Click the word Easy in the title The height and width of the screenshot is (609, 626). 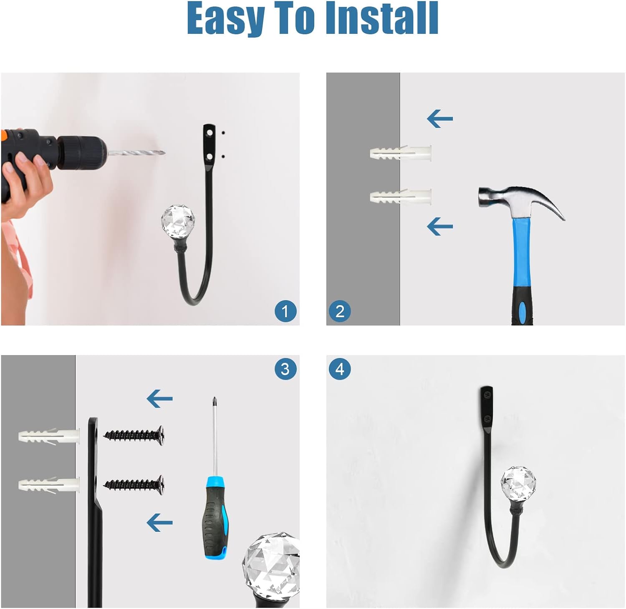pos(226,19)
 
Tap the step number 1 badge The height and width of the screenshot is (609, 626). pos(285,311)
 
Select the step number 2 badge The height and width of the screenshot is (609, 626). pos(340,311)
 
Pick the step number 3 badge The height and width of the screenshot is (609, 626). pos(285,369)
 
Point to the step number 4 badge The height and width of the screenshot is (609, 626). pos(340,369)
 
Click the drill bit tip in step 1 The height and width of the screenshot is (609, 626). pos(164,153)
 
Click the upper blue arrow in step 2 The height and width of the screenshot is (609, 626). pos(440,119)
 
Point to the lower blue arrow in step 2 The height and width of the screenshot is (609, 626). pos(440,226)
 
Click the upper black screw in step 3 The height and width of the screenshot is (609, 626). pos(134,436)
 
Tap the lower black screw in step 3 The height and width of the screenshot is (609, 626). pos(134,484)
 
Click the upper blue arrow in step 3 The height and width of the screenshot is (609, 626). pos(159,399)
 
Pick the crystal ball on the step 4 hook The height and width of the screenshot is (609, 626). pos(518,484)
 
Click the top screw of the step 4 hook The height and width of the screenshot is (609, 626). pos(487,394)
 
